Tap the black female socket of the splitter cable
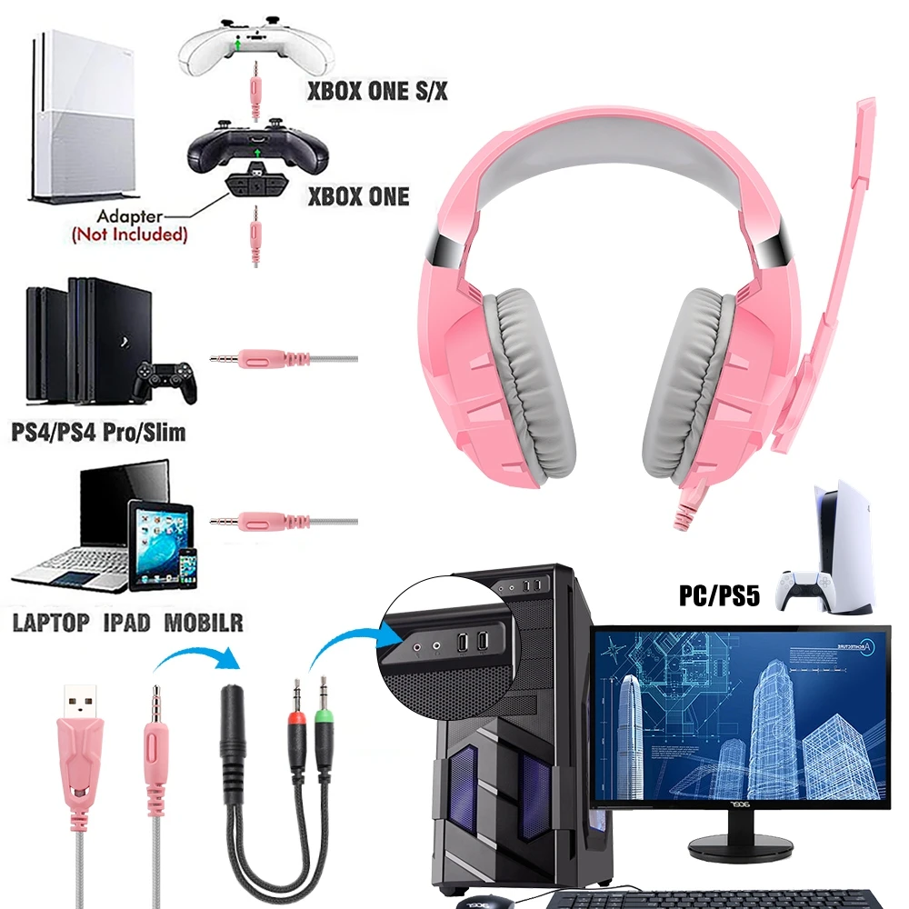tap(233, 736)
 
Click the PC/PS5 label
tap(719, 596)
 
